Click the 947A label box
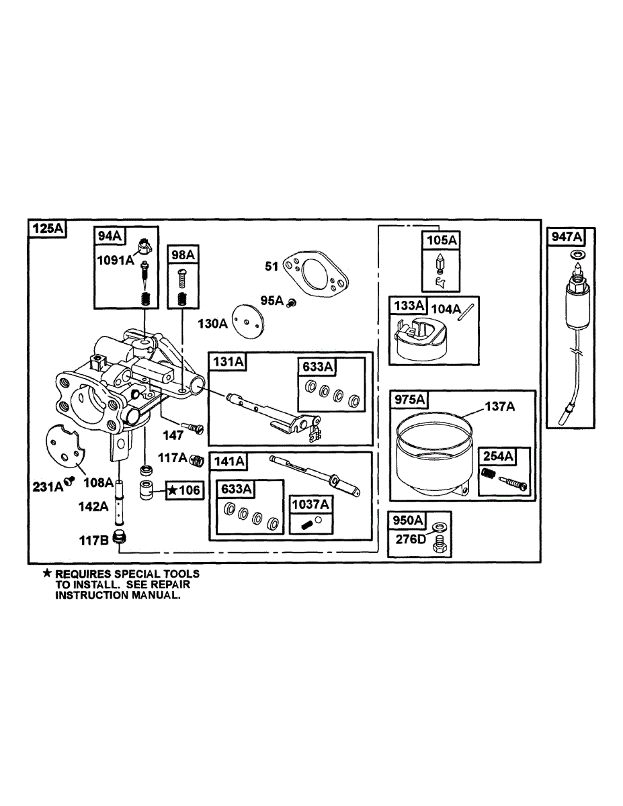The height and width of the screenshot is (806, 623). tap(567, 236)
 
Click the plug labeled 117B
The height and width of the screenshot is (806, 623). tap(120, 537)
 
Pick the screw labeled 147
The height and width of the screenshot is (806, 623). tap(194, 428)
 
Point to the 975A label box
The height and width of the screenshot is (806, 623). tap(409, 400)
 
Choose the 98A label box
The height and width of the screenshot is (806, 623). tap(182, 255)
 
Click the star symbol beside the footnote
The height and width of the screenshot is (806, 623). tap(46, 574)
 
